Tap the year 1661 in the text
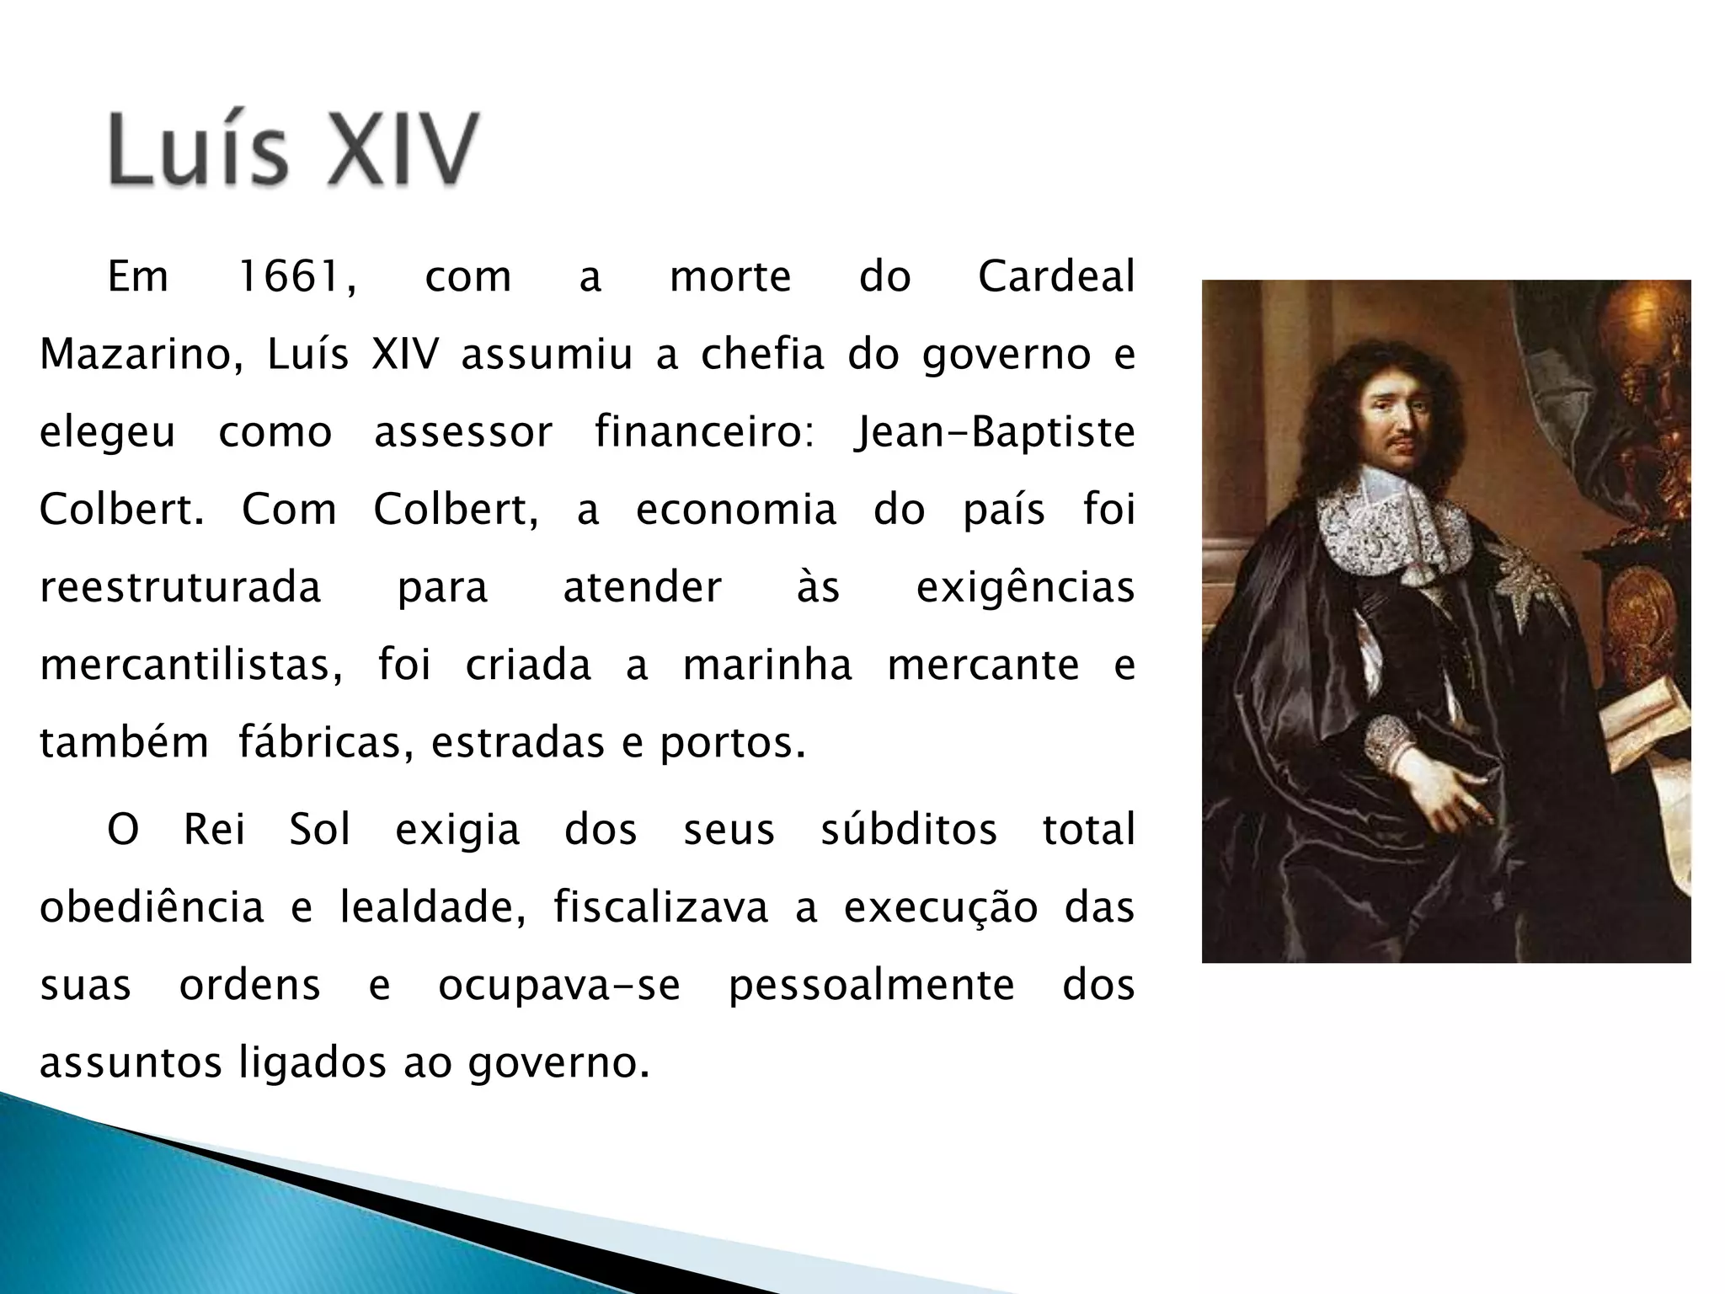(x=296, y=277)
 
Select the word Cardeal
(x=1056, y=277)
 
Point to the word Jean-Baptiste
(x=994, y=432)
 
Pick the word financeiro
(x=703, y=432)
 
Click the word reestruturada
(x=180, y=587)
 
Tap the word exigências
(x=1025, y=587)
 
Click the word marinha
(x=767, y=666)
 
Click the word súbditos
(x=909, y=830)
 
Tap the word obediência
(x=152, y=908)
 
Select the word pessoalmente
(x=872, y=986)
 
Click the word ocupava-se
(x=559, y=986)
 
